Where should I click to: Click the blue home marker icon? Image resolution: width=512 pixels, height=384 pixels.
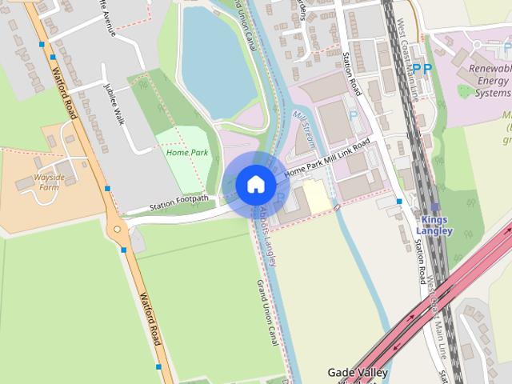tap(256, 185)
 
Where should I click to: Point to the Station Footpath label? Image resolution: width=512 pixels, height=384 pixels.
tap(179, 203)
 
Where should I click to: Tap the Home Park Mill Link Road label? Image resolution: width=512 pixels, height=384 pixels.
tap(329, 160)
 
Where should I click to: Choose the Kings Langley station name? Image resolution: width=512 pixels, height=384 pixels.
tap(434, 225)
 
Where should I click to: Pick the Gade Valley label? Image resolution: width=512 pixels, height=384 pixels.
tap(358, 373)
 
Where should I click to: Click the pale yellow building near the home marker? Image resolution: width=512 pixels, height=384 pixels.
tap(316, 195)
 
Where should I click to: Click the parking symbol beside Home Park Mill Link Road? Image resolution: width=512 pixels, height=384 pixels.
tap(354, 115)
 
